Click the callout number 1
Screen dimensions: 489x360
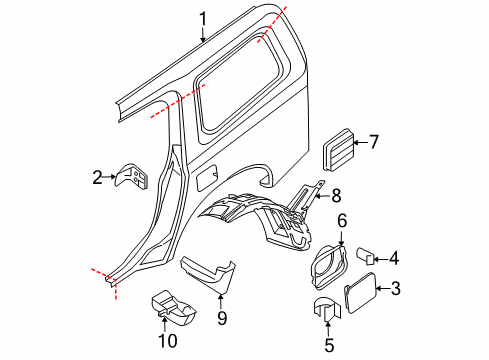[203, 19]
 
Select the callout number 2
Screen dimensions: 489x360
[97, 177]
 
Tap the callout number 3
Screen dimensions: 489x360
[395, 288]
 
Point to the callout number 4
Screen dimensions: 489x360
[394, 258]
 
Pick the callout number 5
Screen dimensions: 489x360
[329, 345]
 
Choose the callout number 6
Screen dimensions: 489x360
[342, 221]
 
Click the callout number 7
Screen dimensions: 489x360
[374, 142]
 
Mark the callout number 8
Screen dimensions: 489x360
[336, 195]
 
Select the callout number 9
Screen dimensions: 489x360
[222, 318]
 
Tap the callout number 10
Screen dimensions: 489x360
[168, 341]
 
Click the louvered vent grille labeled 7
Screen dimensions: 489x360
[337, 149]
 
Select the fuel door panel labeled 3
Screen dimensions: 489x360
[360, 293]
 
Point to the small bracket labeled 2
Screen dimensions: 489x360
[131, 176]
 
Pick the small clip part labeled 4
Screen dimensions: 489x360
[365, 256]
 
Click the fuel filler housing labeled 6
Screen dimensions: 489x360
[329, 266]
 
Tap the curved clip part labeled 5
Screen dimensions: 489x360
[328, 309]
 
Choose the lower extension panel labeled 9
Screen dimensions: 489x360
[209, 274]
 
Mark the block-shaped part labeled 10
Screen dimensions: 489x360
[173, 307]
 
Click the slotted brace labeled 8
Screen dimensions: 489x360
[306, 196]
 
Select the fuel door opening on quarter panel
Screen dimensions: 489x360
[207, 178]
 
